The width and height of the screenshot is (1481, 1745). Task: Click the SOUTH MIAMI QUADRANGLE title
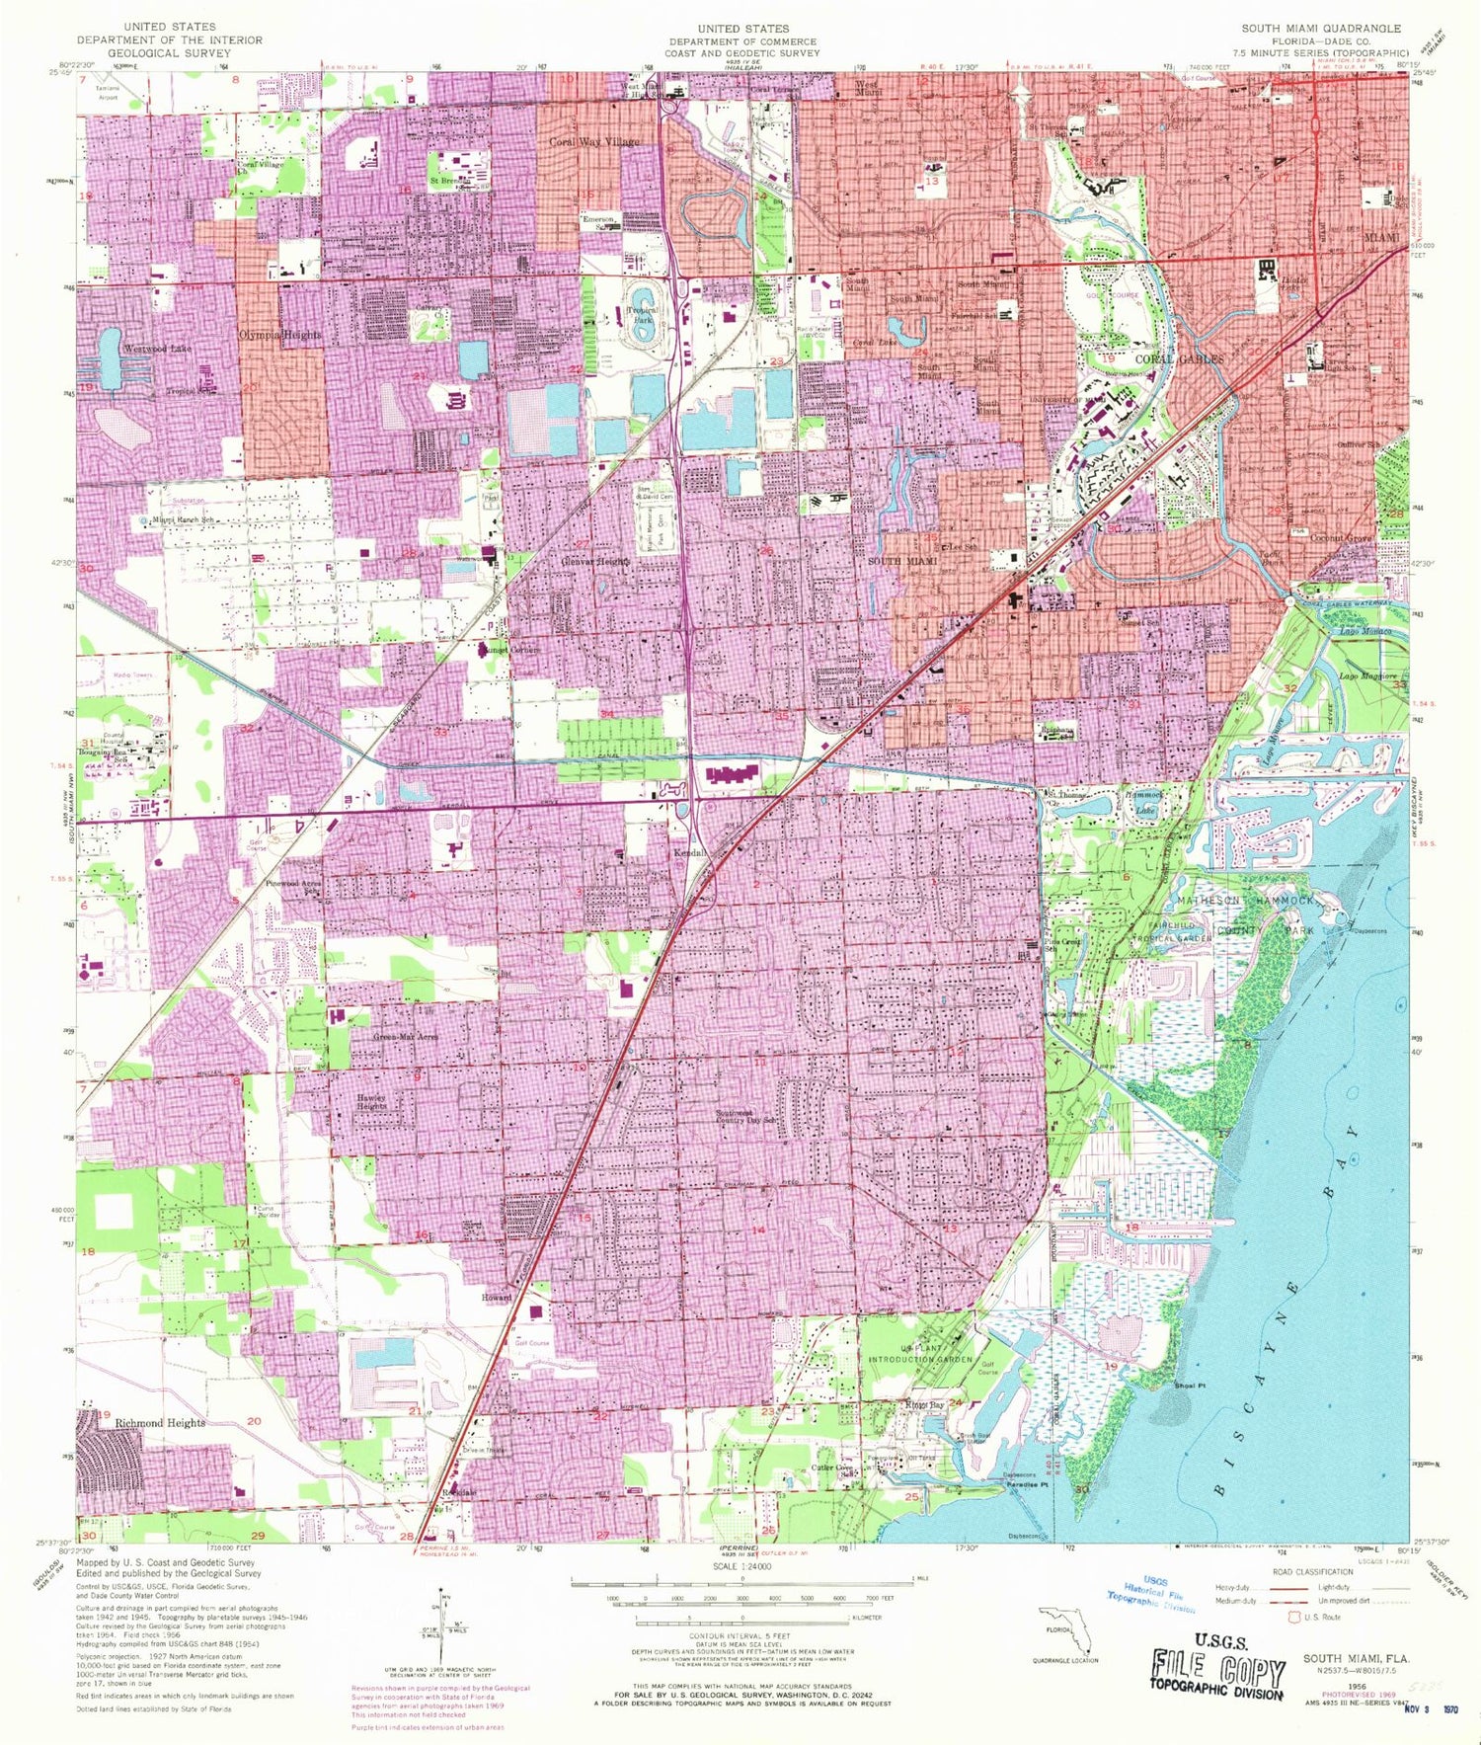tap(1321, 29)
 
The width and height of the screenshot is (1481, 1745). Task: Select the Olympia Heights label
tap(280, 335)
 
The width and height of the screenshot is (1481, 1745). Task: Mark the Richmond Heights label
tap(160, 1422)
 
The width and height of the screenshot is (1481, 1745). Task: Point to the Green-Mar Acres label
tap(405, 1037)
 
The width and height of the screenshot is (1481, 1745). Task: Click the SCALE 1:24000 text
tap(741, 1567)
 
